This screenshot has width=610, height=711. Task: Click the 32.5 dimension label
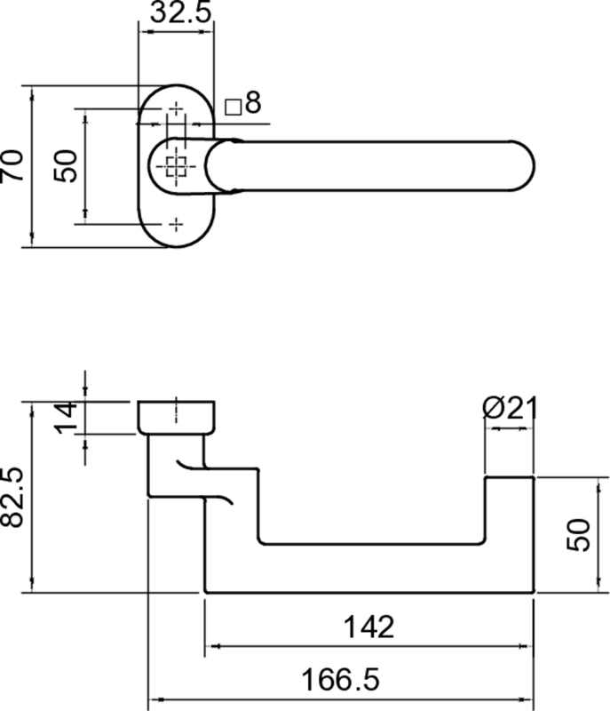177,13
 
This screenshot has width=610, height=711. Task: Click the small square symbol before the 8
234,107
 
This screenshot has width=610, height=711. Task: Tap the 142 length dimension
368,627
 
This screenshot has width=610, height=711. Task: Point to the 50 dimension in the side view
579,535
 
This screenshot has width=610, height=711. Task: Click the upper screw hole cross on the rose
176,110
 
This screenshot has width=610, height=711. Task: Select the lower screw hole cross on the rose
176,223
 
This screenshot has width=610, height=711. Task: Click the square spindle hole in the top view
176,166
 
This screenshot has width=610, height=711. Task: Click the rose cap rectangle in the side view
176,417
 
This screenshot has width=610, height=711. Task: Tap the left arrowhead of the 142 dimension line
211,646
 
